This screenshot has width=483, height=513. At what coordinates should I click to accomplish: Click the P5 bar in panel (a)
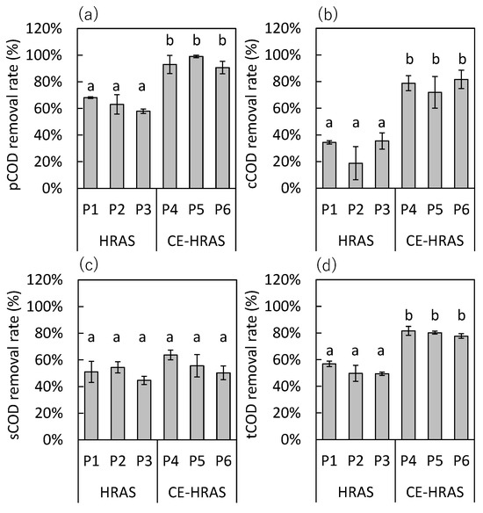coord(196,122)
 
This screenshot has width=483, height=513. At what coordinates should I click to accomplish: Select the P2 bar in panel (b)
coord(356,176)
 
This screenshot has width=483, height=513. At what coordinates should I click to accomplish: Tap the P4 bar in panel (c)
coord(170,397)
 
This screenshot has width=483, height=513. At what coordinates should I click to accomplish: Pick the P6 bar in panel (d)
coord(461,387)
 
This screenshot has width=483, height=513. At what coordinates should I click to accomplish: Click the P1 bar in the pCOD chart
coord(90,142)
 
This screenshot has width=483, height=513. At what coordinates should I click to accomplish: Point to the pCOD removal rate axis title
coord(14,114)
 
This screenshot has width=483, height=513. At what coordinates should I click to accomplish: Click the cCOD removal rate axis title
coord(252,114)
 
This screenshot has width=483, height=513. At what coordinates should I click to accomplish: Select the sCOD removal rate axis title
coord(14,365)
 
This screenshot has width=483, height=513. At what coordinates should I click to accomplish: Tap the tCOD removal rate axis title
coord(252,365)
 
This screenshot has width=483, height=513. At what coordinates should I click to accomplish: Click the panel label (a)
coord(89,15)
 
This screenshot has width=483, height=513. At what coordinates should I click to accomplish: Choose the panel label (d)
coord(327,266)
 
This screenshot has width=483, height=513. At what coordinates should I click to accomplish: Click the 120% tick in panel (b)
coord(283,29)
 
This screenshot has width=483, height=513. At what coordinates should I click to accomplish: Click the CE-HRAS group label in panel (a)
coord(196,241)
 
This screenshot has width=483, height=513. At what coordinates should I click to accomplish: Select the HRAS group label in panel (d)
coord(356,492)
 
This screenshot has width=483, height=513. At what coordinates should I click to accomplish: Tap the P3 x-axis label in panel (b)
coord(382,210)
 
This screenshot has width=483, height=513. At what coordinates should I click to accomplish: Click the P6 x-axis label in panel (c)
coord(223,461)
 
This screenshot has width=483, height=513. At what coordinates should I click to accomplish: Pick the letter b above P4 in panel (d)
coord(408,315)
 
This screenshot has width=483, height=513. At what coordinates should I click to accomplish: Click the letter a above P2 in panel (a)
coord(117,87)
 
